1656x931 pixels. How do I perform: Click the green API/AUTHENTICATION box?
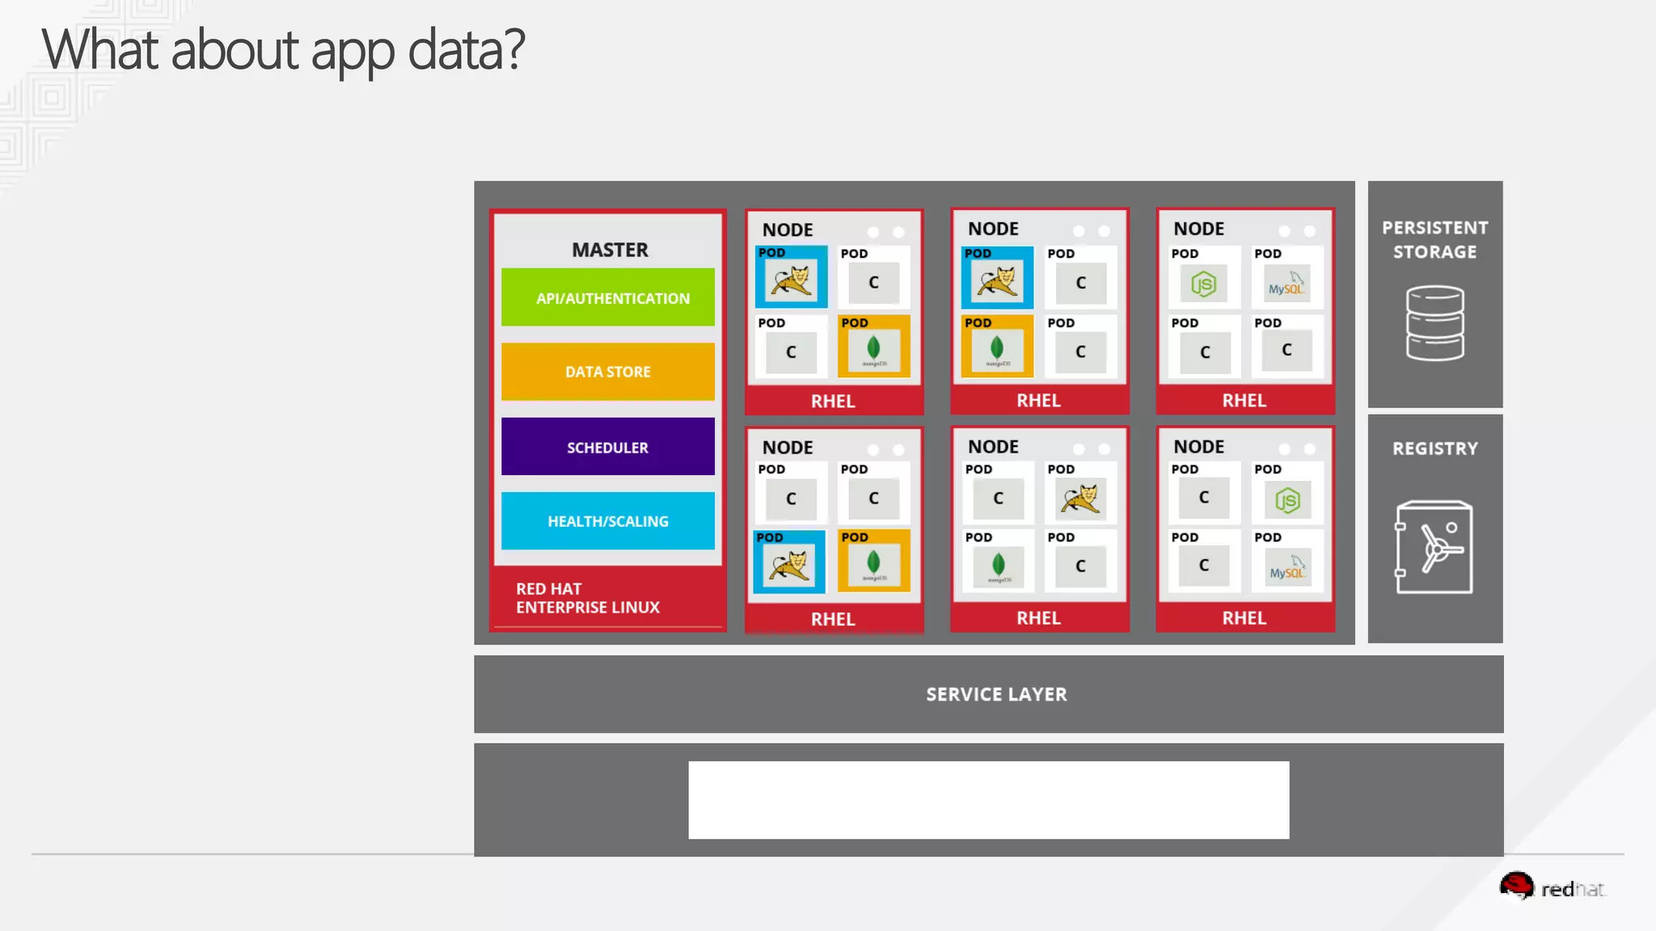point(607,297)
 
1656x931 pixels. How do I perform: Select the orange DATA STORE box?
point(607,372)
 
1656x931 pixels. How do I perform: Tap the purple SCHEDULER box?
point(607,447)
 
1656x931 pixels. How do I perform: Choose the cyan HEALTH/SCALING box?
point(607,521)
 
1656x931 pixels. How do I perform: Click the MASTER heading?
point(610,250)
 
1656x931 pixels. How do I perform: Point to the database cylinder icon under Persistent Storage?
point(1434,323)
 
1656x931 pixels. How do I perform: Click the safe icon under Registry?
point(1434,547)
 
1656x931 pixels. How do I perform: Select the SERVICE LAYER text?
point(996,694)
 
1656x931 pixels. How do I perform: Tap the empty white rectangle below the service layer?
point(988,799)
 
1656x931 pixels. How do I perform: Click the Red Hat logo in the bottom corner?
point(1551,887)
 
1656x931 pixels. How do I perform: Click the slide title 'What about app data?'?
point(283,50)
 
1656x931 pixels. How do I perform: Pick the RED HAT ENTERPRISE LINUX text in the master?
point(587,598)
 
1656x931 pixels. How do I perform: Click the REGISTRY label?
point(1434,449)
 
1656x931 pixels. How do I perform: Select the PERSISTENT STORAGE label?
point(1434,239)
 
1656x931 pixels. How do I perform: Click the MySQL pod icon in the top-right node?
point(1286,284)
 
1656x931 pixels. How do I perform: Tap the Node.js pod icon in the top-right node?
point(1203,284)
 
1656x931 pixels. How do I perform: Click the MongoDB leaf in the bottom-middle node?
point(998,565)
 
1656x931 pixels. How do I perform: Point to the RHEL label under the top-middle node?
point(1038,400)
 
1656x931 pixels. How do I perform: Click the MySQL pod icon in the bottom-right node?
point(1286,568)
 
